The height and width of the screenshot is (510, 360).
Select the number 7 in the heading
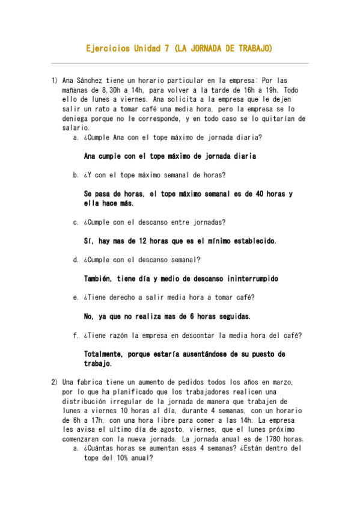pyautogui.click(x=165, y=48)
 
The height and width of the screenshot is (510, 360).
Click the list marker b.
pyautogui.click(x=76, y=175)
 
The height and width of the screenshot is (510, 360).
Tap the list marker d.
pyautogui.click(x=76, y=260)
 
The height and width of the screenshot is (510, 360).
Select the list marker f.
pyautogui.click(x=76, y=336)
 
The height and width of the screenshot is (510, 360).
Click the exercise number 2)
pyautogui.click(x=55, y=382)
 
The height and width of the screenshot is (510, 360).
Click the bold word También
pyautogui.click(x=99, y=279)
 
